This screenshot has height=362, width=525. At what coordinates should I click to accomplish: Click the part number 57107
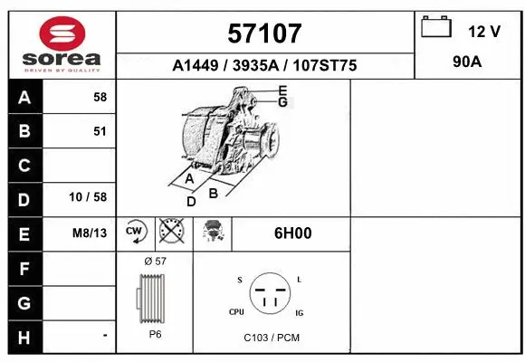[x=264, y=34]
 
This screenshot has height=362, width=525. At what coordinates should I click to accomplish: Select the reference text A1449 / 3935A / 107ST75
[x=264, y=66]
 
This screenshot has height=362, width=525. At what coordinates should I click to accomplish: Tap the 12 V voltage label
[x=483, y=32]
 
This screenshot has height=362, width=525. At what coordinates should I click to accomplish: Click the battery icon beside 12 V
[x=436, y=28]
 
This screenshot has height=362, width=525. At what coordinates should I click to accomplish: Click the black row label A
[x=24, y=97]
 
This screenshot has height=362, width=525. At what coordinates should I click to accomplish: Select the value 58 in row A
[x=100, y=97]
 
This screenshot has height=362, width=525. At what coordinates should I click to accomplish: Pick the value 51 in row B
[x=100, y=131]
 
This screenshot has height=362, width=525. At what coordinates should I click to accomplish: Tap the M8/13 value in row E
[x=90, y=233]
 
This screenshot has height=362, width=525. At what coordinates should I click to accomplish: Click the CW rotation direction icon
[x=135, y=233]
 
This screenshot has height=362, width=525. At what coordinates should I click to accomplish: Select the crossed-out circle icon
[x=169, y=233]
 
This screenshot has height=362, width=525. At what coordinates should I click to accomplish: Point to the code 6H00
[x=292, y=233]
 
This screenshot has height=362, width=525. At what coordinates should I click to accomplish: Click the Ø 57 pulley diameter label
[x=155, y=261]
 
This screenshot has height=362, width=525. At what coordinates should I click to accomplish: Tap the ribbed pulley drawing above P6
[x=151, y=298]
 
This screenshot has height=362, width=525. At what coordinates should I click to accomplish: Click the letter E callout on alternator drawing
[x=282, y=90]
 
